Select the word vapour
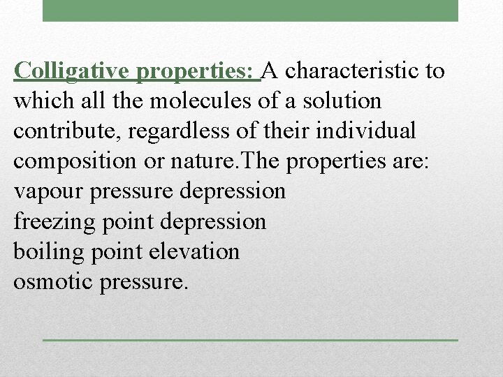point(45,191)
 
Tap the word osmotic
point(48,281)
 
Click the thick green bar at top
point(249,10)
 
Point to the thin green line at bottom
point(249,340)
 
